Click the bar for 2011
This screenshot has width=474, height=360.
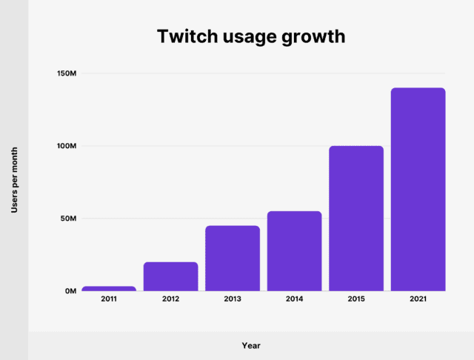(109, 288)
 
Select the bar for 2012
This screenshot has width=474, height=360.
(171, 276)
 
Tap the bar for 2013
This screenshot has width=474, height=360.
(233, 259)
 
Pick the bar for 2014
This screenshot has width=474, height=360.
(295, 251)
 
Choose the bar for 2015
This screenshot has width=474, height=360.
(356, 219)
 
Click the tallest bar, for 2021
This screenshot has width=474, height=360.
(418, 190)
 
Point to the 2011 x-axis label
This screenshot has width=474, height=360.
(109, 300)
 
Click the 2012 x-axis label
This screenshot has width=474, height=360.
(171, 300)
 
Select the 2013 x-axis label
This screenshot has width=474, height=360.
(233, 300)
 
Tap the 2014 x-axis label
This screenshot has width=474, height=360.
(295, 300)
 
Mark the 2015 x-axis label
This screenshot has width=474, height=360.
(356, 300)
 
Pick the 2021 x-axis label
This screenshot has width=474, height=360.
(418, 300)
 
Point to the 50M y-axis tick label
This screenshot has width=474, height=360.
(67, 219)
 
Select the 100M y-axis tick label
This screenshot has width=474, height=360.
(66, 146)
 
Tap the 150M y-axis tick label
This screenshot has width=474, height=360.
(66, 74)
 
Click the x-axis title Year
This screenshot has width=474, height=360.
(251, 345)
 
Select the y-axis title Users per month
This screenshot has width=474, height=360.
(14, 180)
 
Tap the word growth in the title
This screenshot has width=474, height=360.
(316, 37)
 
